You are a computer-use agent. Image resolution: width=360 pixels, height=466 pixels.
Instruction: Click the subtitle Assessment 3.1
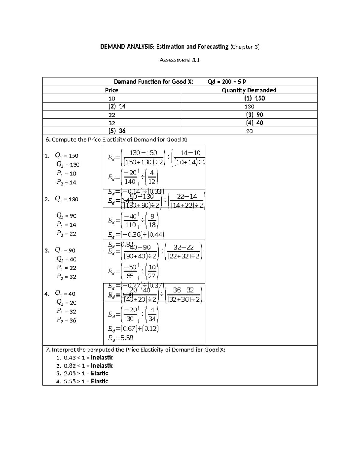pyautogui.click(x=179, y=60)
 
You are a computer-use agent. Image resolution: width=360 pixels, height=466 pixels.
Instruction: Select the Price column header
pyautogui.click(x=112, y=90)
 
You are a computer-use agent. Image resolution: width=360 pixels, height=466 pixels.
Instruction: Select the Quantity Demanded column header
pyautogui.click(x=249, y=90)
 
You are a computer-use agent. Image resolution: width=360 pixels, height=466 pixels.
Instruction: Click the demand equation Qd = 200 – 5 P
pyautogui.click(x=227, y=82)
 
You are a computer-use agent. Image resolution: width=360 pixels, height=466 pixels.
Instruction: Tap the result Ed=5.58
pyautogui.click(x=121, y=338)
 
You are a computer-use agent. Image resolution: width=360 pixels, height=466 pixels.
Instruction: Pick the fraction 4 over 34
pyautogui.click(x=152, y=314)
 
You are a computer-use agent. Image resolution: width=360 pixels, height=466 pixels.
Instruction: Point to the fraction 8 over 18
pyautogui.click(x=152, y=220)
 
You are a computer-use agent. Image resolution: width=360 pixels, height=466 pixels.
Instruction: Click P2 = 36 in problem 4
pyautogui.click(x=66, y=320)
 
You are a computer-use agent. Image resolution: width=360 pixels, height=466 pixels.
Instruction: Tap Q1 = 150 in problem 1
pyautogui.click(x=67, y=156)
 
